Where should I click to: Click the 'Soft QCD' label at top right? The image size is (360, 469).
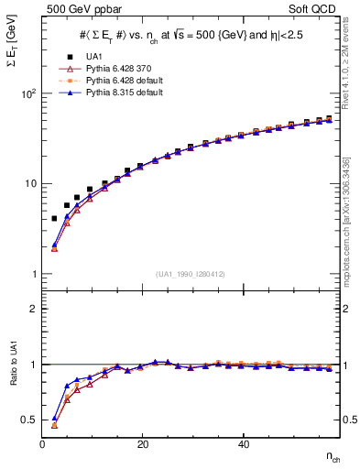click(317, 10)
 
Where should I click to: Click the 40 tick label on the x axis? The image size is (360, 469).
click(243, 444)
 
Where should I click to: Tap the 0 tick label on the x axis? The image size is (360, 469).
click(43, 444)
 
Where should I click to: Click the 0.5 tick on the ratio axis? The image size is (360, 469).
click(29, 420)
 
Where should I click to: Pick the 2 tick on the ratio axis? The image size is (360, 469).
click(34, 309)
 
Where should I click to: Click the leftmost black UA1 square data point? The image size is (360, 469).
click(54, 218)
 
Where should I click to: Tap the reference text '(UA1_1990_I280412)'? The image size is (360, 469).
click(191, 273)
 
